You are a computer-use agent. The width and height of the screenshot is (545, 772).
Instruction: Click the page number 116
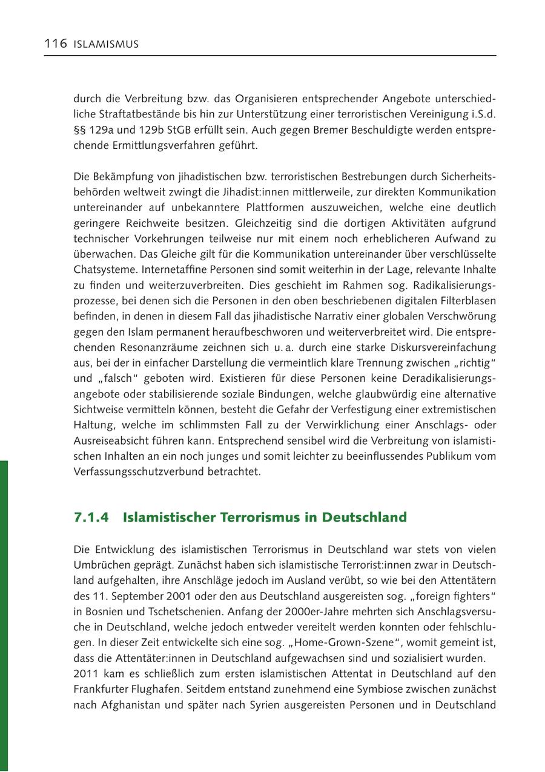tap(55, 44)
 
